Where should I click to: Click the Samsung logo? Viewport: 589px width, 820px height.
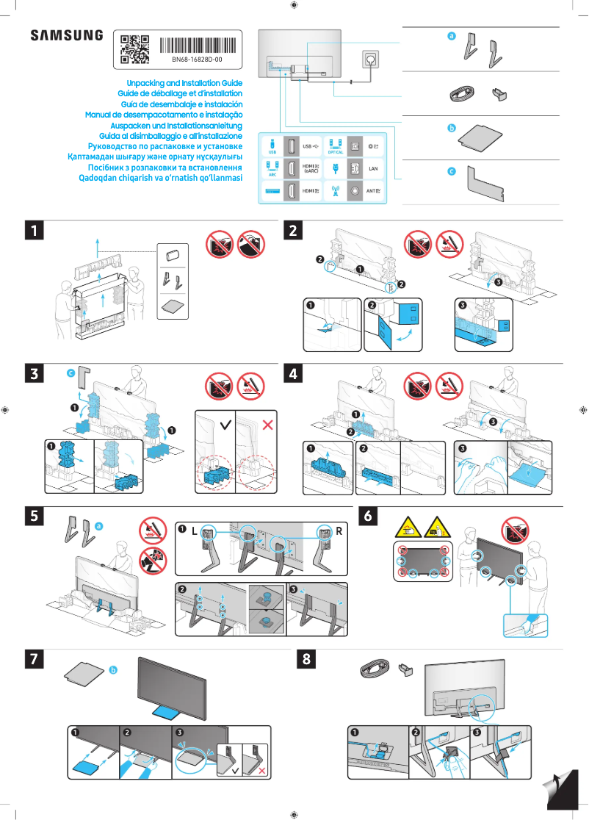[x=66, y=35]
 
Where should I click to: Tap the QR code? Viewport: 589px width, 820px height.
[x=134, y=48]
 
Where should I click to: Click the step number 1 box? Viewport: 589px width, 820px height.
[x=33, y=231]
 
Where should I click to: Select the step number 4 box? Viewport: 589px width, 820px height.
[x=294, y=373]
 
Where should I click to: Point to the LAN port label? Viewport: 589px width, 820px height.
[x=372, y=169]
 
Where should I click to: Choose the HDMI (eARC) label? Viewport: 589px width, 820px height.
[x=311, y=169]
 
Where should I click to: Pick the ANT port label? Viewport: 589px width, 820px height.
[x=373, y=191]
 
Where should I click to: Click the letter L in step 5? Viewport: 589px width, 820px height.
[x=195, y=531]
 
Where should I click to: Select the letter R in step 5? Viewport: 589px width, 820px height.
[x=339, y=531]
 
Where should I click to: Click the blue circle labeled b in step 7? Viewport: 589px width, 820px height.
[x=113, y=670]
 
